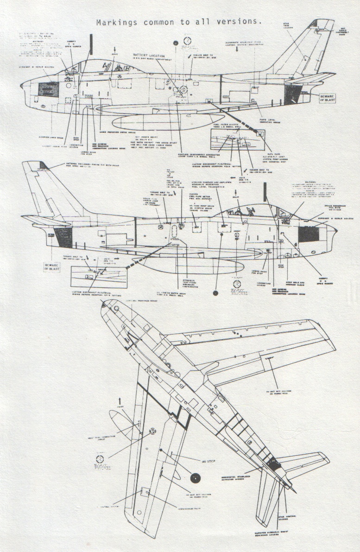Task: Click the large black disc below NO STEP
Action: pos(195,478)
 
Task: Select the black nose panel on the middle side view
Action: pos(309,234)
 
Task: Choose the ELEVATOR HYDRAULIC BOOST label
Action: pos(272,539)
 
